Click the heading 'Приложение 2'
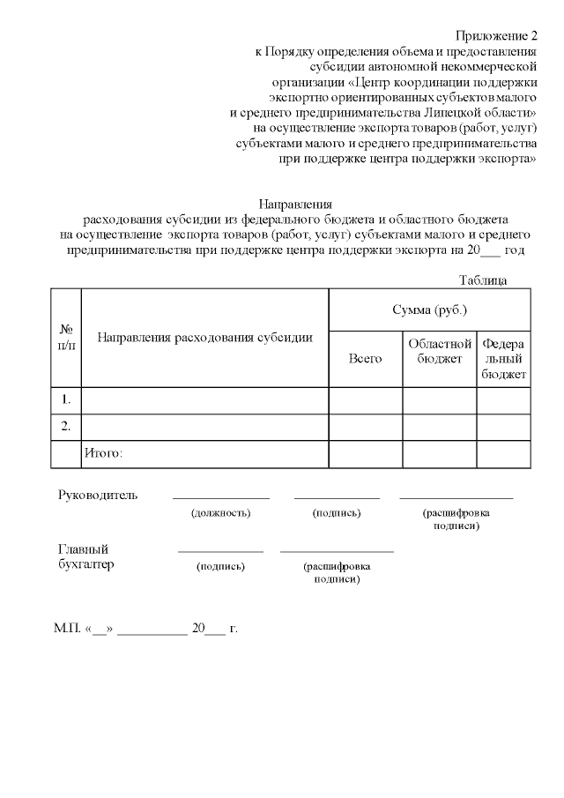(x=496, y=36)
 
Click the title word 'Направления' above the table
(x=295, y=204)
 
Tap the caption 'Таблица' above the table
(x=482, y=280)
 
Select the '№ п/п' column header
(x=65, y=337)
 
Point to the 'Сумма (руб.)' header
(x=429, y=310)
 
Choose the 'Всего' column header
(x=365, y=359)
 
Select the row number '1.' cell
(x=65, y=400)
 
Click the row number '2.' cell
(x=65, y=427)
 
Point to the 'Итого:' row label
(x=102, y=453)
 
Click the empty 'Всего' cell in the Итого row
(x=365, y=453)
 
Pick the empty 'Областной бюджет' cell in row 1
(x=440, y=400)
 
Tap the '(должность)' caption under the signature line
(x=220, y=512)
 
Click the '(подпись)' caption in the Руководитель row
(x=337, y=512)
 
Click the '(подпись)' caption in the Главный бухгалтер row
(x=220, y=566)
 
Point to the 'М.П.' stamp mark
(x=66, y=630)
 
